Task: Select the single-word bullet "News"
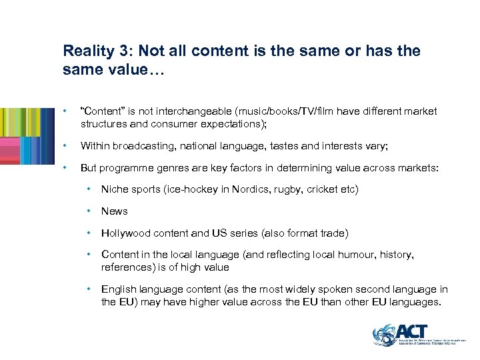click(x=114, y=211)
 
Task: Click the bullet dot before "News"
click(x=90, y=211)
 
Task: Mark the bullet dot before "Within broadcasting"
click(x=65, y=146)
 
